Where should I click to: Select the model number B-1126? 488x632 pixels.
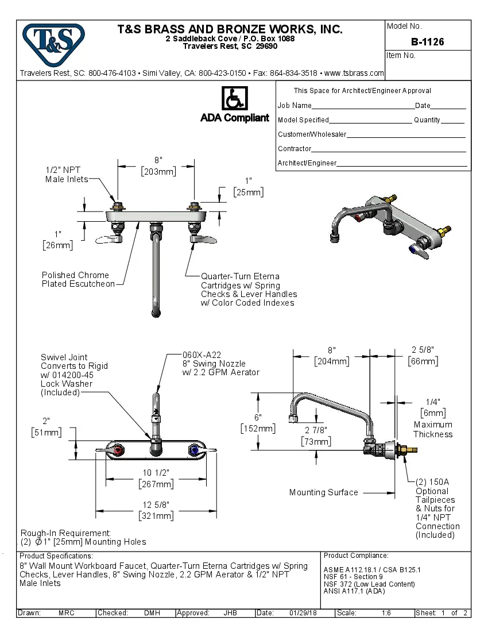(427, 42)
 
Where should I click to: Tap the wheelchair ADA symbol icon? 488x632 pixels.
(234, 99)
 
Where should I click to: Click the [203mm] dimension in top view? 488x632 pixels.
(158, 171)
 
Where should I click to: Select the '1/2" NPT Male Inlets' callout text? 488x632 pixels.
(66, 175)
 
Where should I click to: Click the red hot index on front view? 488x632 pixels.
(119, 450)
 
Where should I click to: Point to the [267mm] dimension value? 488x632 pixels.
(156, 484)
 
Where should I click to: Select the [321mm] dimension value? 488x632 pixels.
(156, 516)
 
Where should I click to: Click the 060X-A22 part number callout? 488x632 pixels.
(201, 354)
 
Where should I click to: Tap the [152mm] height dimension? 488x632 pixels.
(258, 429)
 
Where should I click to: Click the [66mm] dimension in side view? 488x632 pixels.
(423, 361)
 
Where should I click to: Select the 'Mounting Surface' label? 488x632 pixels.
(323, 492)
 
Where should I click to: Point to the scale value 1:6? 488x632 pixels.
(386, 613)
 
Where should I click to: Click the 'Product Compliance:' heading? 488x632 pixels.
(356, 556)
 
